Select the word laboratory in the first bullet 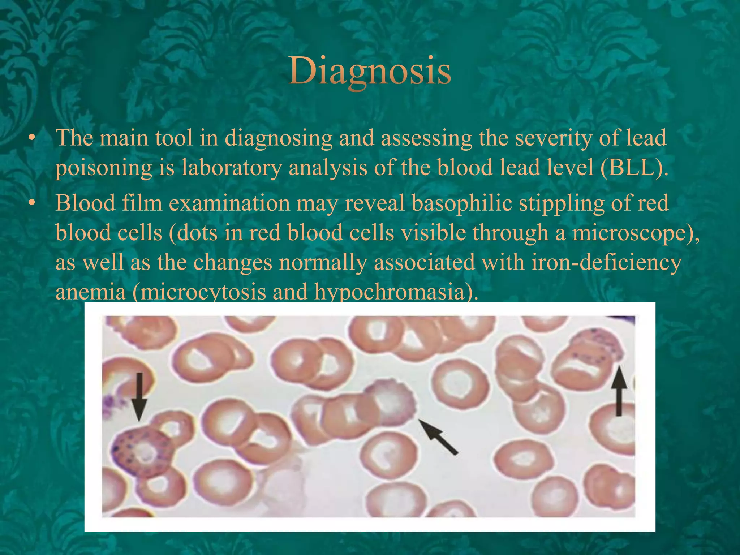(x=231, y=168)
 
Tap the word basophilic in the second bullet (x=462, y=203)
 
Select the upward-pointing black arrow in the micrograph (x=619, y=390)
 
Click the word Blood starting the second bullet (x=85, y=203)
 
